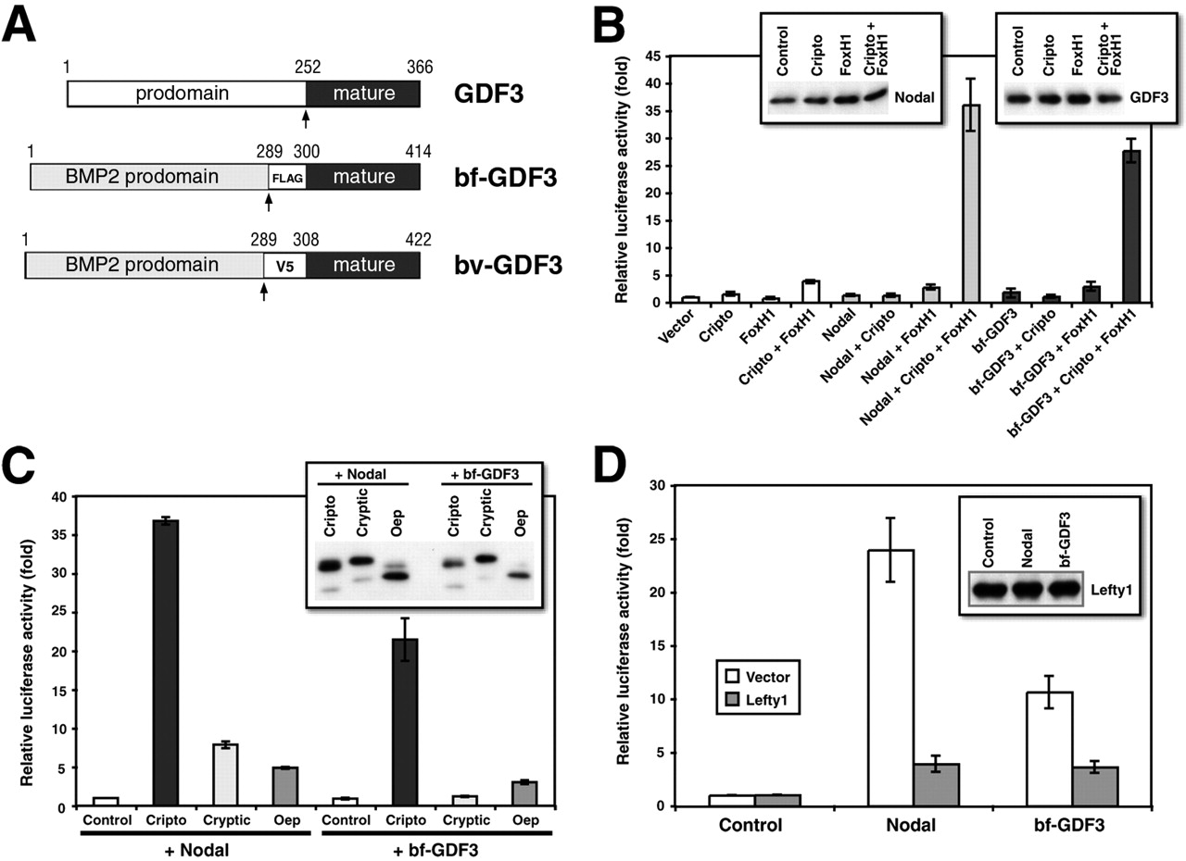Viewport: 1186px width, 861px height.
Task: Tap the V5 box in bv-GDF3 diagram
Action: (x=284, y=265)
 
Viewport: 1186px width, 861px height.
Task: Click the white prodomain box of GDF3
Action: (x=185, y=94)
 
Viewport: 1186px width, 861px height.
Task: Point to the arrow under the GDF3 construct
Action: (x=306, y=119)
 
